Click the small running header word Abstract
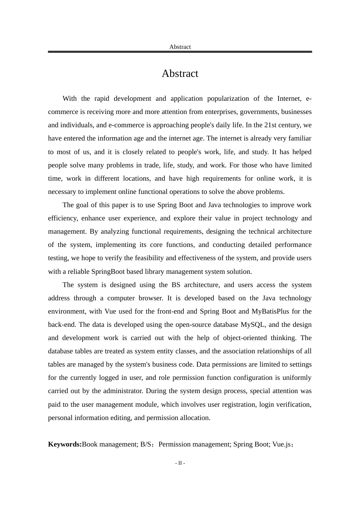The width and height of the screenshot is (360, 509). coord(180,47)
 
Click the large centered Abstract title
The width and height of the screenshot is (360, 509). coord(180,73)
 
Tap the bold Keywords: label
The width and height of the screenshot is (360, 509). coord(65,444)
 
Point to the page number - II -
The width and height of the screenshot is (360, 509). coord(180,463)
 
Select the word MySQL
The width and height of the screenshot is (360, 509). coord(254,325)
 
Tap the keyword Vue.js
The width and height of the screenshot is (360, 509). coord(282,444)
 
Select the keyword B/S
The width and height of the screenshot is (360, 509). coord(146,444)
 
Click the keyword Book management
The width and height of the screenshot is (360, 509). coord(110,444)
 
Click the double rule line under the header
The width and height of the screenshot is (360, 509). coord(180,52)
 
